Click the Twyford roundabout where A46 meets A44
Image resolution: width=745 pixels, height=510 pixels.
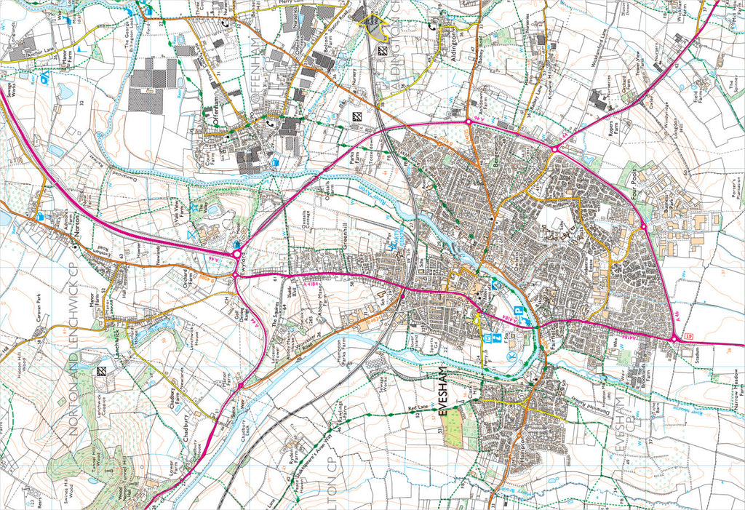tap(236, 254)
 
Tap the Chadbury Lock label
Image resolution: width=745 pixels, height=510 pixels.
tap(243, 429)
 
